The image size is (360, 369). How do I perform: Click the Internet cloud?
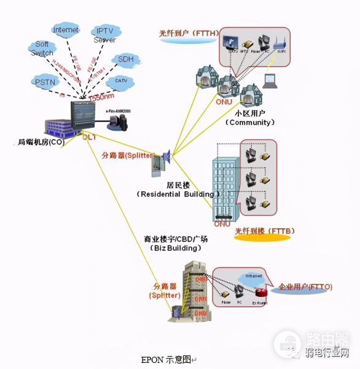(66, 30)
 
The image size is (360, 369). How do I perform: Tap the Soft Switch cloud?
(42, 49)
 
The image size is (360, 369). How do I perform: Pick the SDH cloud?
(125, 60)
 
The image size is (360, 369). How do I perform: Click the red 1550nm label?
(101, 98)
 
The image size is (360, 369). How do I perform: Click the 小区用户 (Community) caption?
(249, 118)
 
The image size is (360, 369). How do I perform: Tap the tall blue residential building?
(225, 184)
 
